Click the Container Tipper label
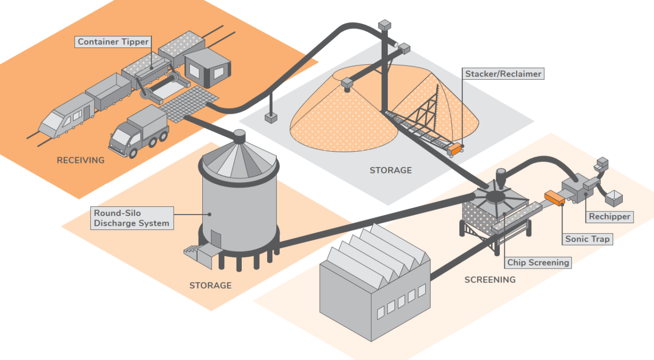coord(113,42)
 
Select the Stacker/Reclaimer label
coord(503,74)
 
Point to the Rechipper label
coord(610,217)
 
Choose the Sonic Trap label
coord(587,239)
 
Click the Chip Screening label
coord(538,262)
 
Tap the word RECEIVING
coord(80,160)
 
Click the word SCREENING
coord(489,280)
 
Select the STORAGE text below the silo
coord(210,285)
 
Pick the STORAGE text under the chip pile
coord(390,170)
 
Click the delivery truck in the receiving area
coord(139,132)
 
